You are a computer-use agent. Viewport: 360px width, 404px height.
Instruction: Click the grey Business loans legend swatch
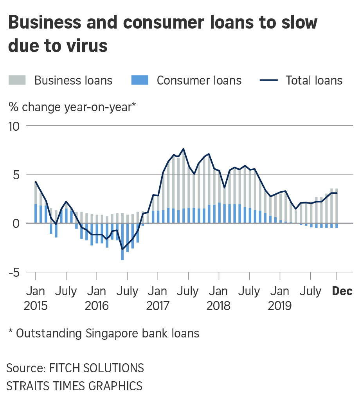point(17,81)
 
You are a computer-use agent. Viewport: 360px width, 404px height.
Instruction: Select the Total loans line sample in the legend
point(269,81)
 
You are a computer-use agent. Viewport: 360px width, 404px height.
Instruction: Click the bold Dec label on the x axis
point(342,291)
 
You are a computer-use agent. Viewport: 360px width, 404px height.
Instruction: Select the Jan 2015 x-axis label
point(36,298)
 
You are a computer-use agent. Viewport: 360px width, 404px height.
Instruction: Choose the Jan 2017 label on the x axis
point(158,298)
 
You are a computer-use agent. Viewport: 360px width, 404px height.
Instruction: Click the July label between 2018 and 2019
point(249,291)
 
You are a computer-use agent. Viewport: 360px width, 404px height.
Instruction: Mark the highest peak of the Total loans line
point(184,149)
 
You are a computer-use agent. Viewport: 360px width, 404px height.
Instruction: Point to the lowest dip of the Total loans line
point(122,249)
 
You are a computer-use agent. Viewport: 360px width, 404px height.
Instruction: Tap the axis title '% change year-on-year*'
point(72,106)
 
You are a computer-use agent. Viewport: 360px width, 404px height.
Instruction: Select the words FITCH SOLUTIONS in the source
point(96,368)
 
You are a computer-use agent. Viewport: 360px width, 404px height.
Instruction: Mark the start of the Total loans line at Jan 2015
point(36,182)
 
